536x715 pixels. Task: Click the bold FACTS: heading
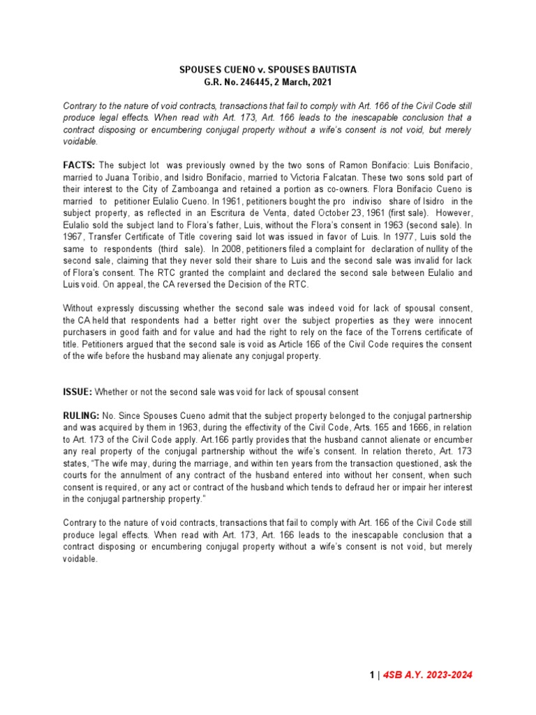(79, 165)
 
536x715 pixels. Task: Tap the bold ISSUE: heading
(77, 392)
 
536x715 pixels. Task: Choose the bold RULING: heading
(82, 415)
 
